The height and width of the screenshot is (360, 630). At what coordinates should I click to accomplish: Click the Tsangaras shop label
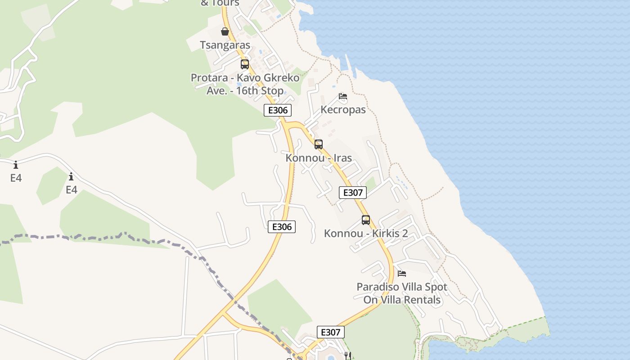point(225,45)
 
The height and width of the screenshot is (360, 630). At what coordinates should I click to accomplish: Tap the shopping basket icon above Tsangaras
point(225,31)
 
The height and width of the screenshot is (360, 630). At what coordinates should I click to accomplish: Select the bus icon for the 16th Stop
point(245,64)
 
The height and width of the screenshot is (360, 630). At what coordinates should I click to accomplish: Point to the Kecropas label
point(343,109)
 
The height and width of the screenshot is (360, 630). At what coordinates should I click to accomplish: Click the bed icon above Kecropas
point(343,96)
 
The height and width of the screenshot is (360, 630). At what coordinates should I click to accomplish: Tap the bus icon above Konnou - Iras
point(319,144)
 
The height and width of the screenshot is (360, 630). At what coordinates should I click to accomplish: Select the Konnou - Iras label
point(319,158)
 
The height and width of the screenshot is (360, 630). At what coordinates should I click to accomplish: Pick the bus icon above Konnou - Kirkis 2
point(366,220)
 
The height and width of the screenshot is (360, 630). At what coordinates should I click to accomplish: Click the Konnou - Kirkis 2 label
point(366,233)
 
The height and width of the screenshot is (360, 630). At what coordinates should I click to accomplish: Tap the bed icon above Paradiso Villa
point(402,273)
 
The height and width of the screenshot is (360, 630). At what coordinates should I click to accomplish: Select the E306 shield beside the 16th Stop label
point(278,110)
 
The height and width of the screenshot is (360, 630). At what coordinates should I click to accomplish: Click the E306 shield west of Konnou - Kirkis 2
point(282,227)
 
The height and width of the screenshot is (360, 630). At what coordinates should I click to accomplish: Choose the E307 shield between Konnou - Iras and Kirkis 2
point(353,193)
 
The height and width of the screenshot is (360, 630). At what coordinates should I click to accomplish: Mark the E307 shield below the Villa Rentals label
point(331,332)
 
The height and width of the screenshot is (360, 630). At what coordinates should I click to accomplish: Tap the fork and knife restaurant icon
point(347,355)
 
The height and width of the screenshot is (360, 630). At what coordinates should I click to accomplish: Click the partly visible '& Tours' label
point(220,3)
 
